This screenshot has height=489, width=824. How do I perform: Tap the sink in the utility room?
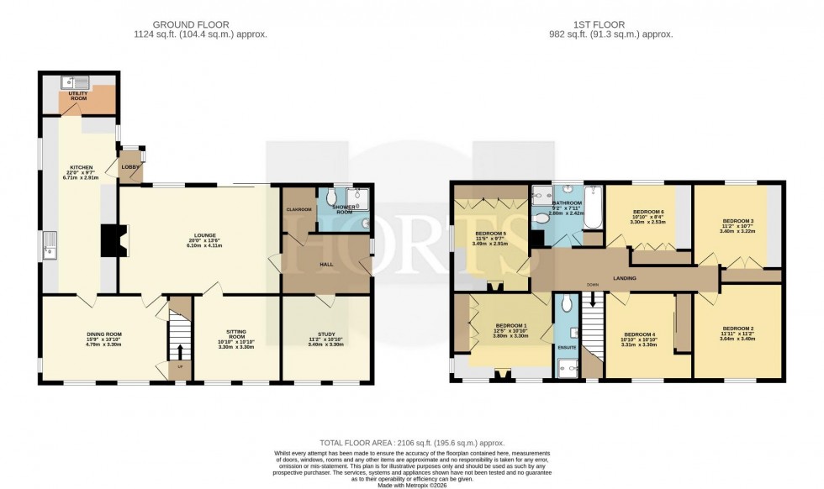pyautogui.click(x=78, y=82)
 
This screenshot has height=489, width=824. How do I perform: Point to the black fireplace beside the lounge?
pyautogui.click(x=111, y=240)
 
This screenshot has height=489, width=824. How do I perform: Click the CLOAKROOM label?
pyautogui.click(x=298, y=209)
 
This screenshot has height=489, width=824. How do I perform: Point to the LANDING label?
pyautogui.click(x=624, y=278)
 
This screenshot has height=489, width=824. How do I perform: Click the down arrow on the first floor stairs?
pyautogui.click(x=593, y=299)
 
